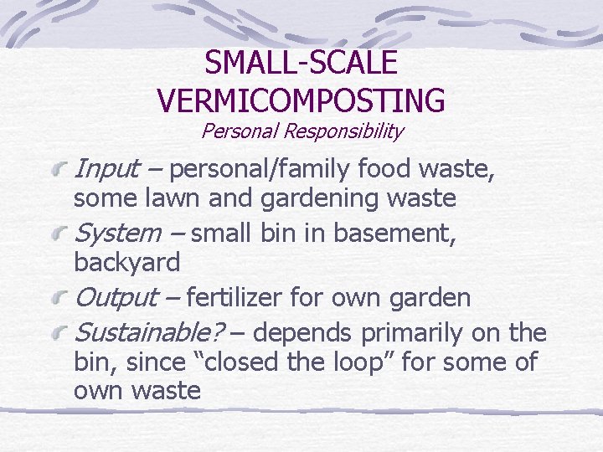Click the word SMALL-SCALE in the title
(301, 63)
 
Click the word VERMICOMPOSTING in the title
(301, 100)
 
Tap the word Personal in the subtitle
(240, 131)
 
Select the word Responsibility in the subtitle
(343, 131)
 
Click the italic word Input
(106, 170)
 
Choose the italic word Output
(116, 297)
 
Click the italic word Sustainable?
(150, 333)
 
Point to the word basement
(394, 234)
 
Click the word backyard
(126, 263)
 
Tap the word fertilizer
(235, 297)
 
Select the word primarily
(410, 333)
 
